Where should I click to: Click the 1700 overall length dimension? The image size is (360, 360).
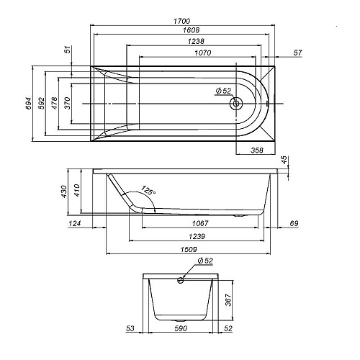tap(182, 22)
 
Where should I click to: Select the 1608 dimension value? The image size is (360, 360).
tap(182, 32)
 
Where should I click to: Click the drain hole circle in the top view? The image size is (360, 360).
tap(235, 104)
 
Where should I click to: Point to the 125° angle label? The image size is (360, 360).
tap(148, 192)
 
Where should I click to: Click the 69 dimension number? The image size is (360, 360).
tap(292, 224)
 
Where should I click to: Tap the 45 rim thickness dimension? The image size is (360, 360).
tap(284, 159)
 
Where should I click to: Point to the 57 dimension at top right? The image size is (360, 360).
tap(297, 53)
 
